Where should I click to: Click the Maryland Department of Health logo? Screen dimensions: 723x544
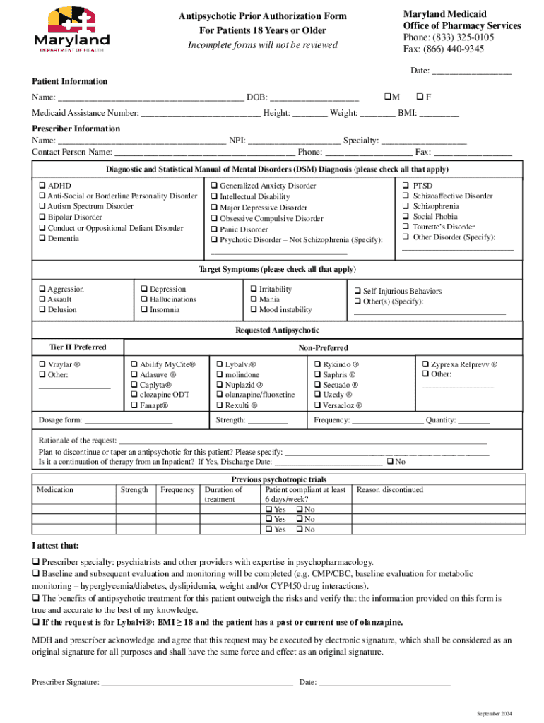click(x=71, y=28)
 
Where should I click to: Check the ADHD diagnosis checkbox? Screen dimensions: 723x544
click(x=42, y=186)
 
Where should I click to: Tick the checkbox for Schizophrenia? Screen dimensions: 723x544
click(x=406, y=206)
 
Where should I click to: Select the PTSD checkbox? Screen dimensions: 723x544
click(x=406, y=186)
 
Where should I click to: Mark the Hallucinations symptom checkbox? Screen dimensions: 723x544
click(x=143, y=299)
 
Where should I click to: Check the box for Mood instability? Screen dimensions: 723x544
click(x=254, y=310)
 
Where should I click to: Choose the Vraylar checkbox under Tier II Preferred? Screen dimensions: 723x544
click(x=42, y=364)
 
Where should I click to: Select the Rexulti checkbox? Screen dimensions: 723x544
click(x=220, y=406)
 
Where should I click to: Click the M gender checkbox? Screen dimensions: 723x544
click(x=387, y=97)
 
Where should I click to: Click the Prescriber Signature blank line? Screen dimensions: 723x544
click(x=197, y=683)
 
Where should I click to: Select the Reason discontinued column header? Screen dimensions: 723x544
click(x=390, y=489)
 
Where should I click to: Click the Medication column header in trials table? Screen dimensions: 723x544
click(x=55, y=489)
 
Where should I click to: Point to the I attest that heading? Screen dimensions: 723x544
click(x=56, y=546)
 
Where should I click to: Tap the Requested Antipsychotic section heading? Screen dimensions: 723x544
click(x=277, y=330)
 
